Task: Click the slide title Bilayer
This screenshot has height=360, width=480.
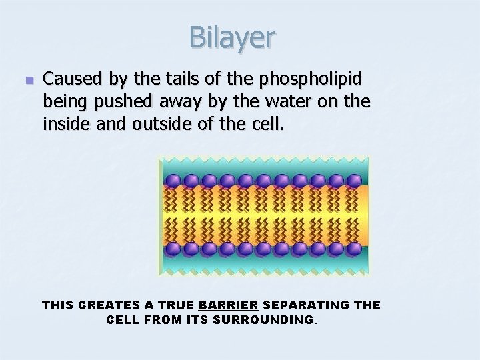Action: coord(231,37)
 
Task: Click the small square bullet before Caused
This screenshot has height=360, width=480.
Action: coord(28,80)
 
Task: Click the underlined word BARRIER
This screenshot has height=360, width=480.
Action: coord(228,305)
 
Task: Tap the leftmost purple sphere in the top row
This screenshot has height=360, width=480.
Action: coord(173,181)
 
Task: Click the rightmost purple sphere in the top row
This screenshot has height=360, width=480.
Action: coord(354,181)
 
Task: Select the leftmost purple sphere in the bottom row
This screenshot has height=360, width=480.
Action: coord(173,249)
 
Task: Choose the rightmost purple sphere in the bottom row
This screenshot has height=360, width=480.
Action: coord(354,249)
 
